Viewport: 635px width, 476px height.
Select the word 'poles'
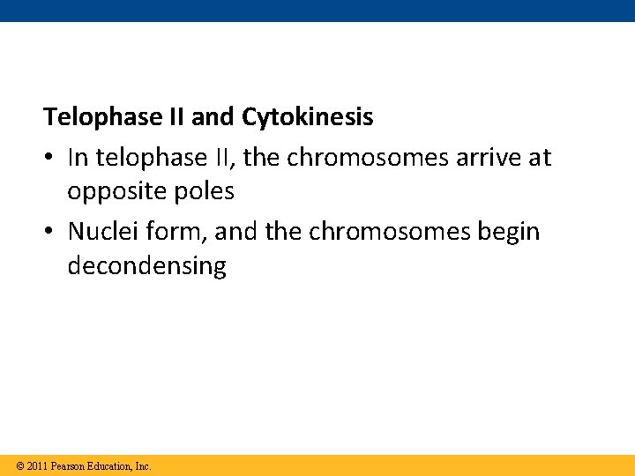(x=205, y=191)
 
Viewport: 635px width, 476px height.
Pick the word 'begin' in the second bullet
(x=509, y=232)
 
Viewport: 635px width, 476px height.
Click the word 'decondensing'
(x=146, y=266)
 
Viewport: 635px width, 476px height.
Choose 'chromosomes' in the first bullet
(x=356, y=158)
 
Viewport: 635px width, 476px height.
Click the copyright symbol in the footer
(x=20, y=465)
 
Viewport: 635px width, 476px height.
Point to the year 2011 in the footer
(x=37, y=465)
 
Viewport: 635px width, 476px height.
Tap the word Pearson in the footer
(x=69, y=465)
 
